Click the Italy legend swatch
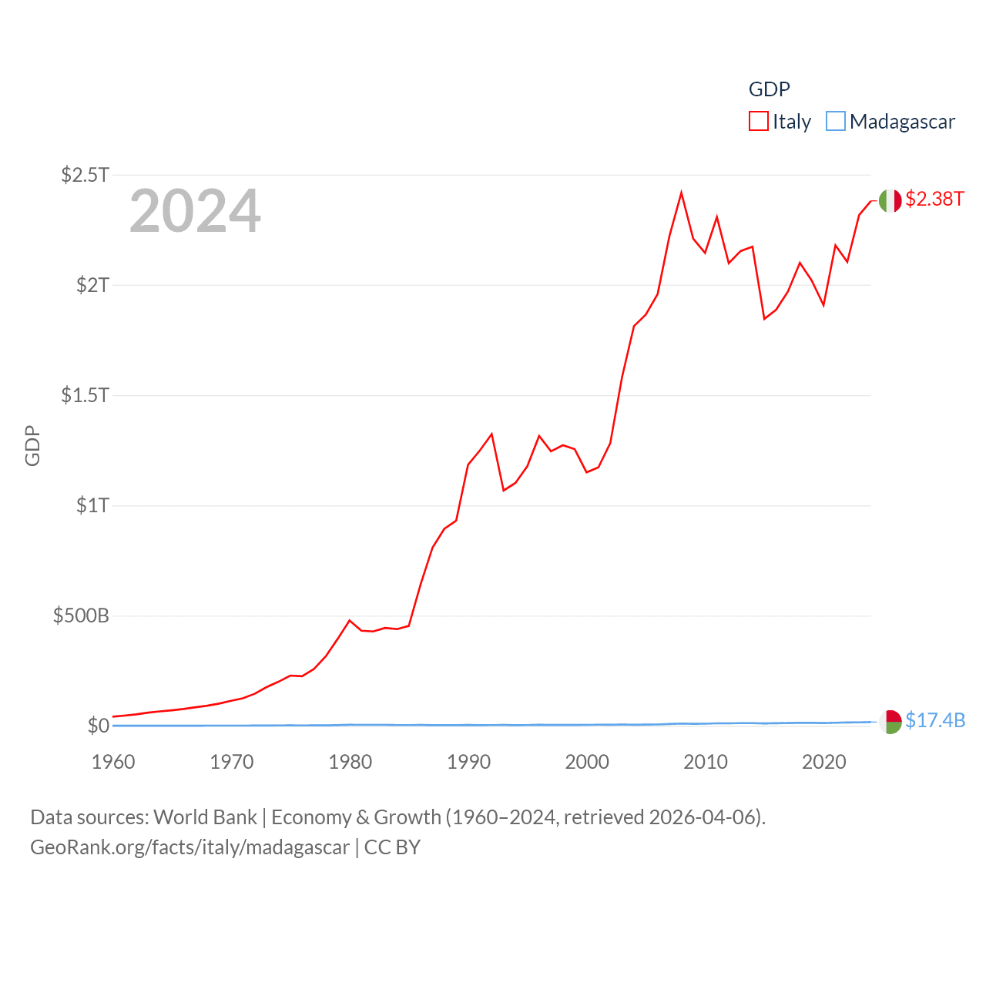759,122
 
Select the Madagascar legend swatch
836,122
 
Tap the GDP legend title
769,89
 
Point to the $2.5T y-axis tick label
85,175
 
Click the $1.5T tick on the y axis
85,395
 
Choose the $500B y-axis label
81,615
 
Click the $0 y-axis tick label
98,726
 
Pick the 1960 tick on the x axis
113,762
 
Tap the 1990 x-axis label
468,762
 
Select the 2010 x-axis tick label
706,762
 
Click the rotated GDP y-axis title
32,445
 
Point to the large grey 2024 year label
195,211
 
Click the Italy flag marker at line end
890,200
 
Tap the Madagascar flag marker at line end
890,722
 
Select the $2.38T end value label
934,199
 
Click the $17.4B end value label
935,720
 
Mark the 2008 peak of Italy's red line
682,193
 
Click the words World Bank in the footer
205,817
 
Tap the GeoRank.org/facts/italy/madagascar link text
189,847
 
